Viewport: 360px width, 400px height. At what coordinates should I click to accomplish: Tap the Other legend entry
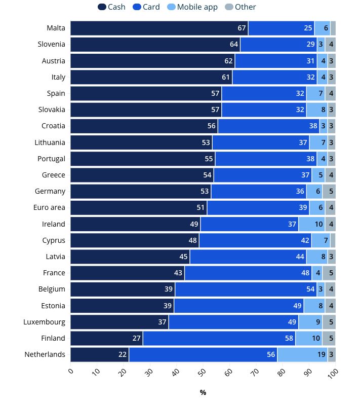[241, 7]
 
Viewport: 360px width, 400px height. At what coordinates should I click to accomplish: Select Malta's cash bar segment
[159, 28]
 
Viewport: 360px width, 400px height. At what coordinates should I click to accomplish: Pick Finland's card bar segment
[219, 338]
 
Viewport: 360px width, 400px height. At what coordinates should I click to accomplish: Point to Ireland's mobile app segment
[311, 224]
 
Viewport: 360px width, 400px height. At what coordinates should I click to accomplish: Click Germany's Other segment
[329, 191]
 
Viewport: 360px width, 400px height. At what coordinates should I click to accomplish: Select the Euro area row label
[49, 208]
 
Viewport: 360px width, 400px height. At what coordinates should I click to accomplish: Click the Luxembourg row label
[44, 322]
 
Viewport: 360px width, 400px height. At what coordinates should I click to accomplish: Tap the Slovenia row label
[51, 45]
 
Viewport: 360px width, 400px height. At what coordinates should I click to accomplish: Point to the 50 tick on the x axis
[203, 373]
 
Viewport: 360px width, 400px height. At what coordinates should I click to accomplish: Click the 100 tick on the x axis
[334, 373]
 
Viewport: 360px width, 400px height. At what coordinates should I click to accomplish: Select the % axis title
[203, 392]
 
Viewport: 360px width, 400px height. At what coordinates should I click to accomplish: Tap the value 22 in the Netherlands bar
[123, 354]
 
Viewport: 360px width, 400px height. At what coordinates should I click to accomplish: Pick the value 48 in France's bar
[305, 273]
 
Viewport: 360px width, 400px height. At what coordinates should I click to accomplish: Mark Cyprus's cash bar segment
[134, 240]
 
